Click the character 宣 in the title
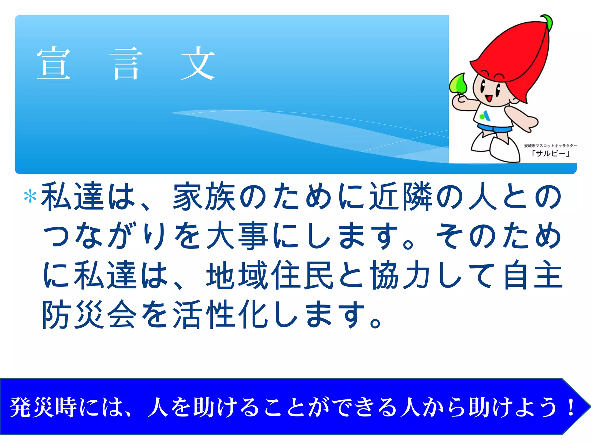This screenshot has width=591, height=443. [54, 63]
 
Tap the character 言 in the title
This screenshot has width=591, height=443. [126, 63]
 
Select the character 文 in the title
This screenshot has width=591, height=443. [198, 63]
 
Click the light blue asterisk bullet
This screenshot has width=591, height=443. [30, 197]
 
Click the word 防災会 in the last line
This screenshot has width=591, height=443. [89, 314]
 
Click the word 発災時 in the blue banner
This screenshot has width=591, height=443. [43, 407]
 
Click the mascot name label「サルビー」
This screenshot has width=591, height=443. [551, 153]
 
